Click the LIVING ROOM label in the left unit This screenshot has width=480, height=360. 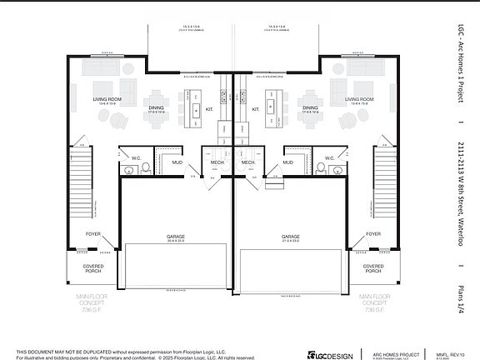(107, 100)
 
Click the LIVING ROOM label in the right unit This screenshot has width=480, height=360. (358, 100)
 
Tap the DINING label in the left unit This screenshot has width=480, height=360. (157, 108)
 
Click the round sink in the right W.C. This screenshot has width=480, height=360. (337, 170)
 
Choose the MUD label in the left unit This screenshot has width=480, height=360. (177, 162)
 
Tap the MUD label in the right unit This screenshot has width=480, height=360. (287, 162)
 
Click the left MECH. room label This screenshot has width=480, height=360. (217, 162)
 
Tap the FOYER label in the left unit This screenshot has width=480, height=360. (93, 234)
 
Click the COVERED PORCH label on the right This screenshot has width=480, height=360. (373, 268)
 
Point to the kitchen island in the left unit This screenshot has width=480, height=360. (195, 110)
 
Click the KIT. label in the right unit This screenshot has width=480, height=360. (255, 108)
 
